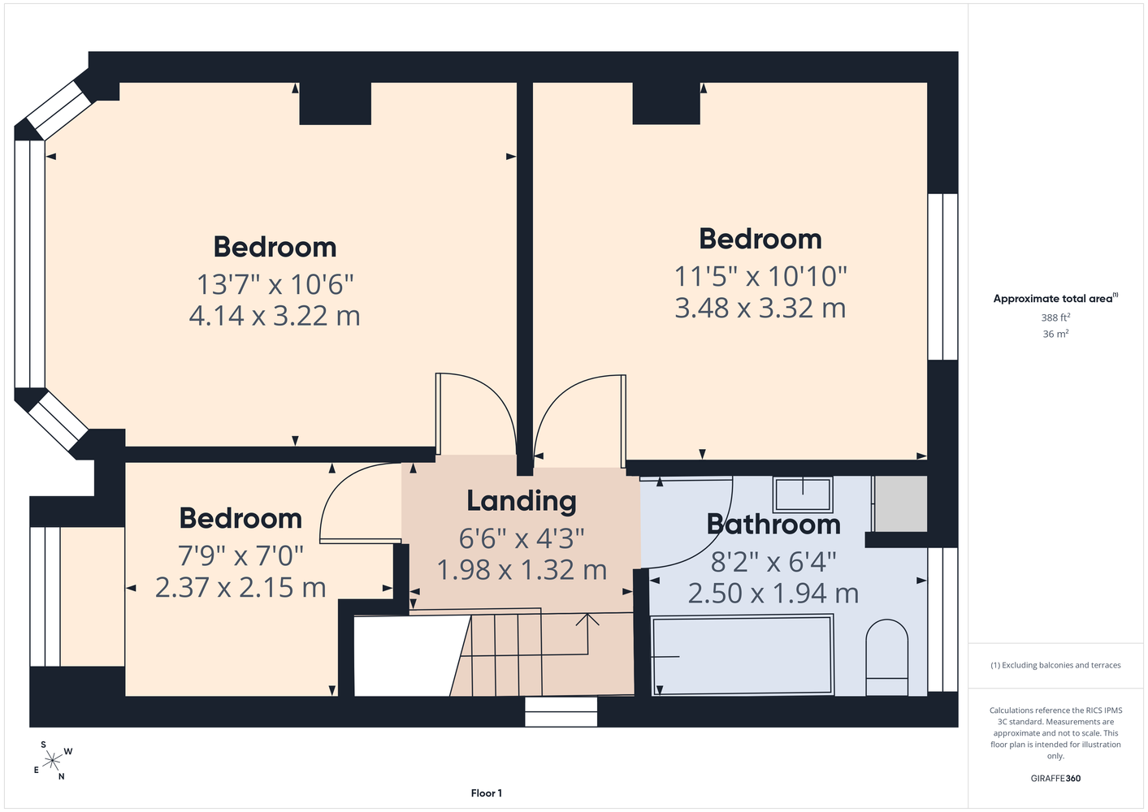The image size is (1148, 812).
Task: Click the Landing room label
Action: (522, 501)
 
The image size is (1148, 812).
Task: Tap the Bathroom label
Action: (773, 525)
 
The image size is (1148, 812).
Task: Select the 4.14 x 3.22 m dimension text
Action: (275, 316)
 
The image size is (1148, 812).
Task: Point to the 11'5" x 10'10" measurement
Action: (760, 277)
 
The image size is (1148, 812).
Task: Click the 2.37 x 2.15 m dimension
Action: (240, 587)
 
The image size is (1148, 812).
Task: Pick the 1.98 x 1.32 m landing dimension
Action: (522, 570)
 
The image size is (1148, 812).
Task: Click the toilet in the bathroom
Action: (886, 658)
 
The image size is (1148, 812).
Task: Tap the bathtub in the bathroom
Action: (742, 656)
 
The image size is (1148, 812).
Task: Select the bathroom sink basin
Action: (803, 495)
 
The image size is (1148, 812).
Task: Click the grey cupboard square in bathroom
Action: (900, 503)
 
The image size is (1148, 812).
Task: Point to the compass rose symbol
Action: (52, 761)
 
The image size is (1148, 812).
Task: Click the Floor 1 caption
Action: (487, 793)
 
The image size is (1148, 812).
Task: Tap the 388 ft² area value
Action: (1055, 317)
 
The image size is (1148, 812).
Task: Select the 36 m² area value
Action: (1055, 334)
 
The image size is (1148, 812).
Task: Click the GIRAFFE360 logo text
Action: (1055, 778)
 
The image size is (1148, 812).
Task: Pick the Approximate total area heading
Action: (1055, 298)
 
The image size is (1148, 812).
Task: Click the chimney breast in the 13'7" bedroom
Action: (336, 103)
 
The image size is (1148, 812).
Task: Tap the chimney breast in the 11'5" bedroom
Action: (666, 103)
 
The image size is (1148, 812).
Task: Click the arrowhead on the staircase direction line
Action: (587, 619)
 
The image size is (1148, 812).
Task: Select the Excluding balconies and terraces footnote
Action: (1055, 665)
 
